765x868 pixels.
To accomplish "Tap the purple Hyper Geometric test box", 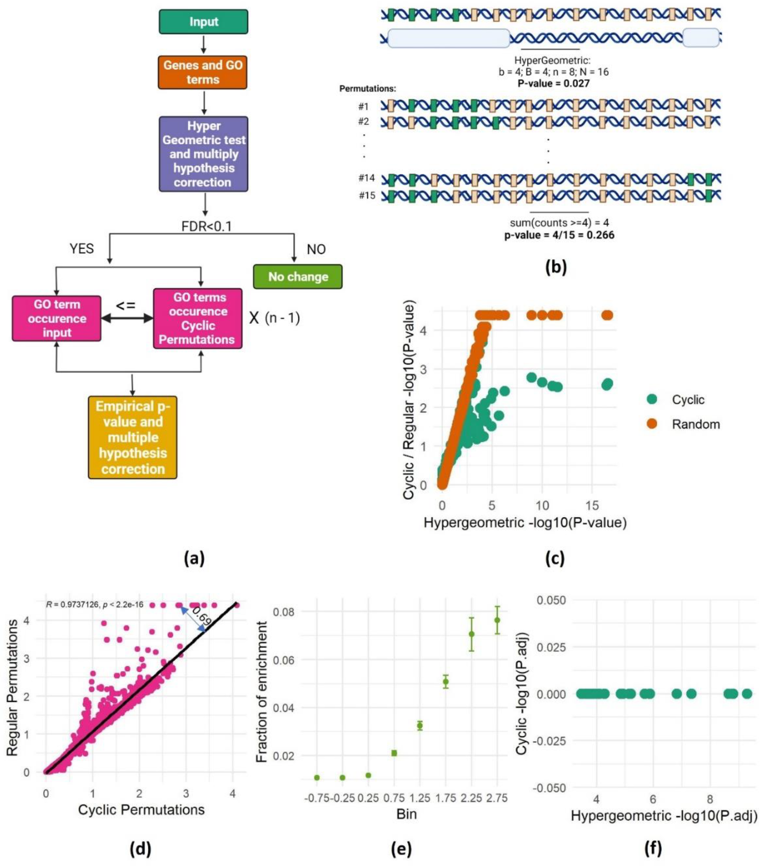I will point(204,154).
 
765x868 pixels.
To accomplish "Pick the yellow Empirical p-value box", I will point(133,437).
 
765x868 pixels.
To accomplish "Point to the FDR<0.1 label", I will point(207,226).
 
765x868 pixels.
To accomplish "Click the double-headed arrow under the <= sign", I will point(127,318).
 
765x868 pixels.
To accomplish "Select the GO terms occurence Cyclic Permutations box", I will point(198,318).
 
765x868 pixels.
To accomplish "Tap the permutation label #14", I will point(366,178).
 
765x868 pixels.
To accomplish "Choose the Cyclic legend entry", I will point(688,400).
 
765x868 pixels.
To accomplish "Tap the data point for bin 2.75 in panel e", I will point(497,620).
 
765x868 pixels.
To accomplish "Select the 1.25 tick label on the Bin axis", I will point(420,798).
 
